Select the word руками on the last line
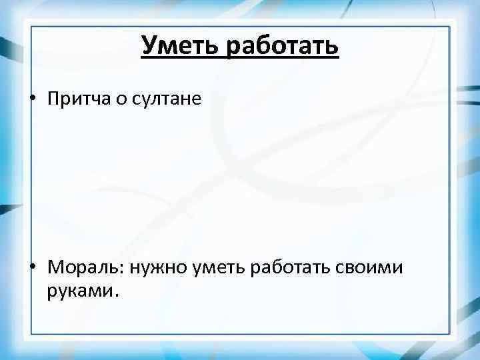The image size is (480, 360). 81,291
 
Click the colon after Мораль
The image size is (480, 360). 124,269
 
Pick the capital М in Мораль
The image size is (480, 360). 55,267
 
